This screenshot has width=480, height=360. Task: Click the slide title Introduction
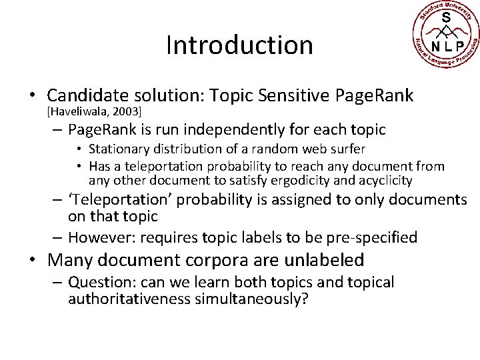tap(239, 45)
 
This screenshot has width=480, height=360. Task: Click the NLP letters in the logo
tap(445, 46)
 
